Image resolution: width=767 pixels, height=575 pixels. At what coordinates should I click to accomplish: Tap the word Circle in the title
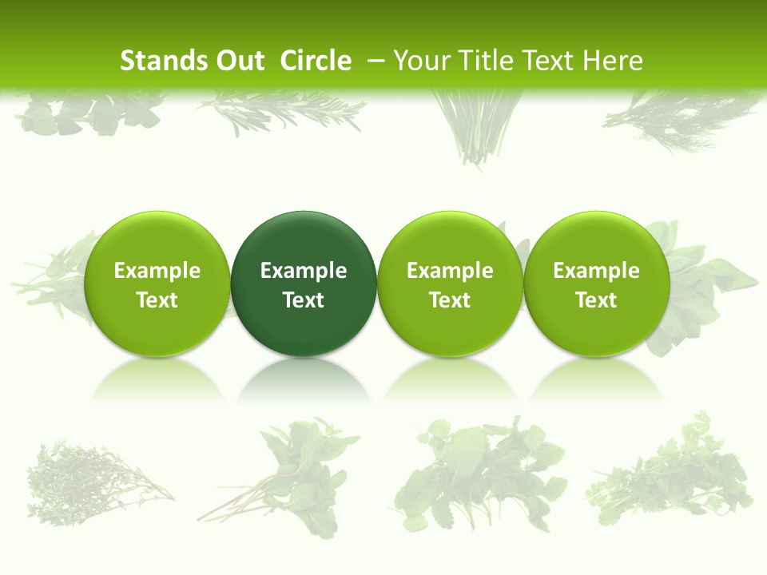pyautogui.click(x=316, y=61)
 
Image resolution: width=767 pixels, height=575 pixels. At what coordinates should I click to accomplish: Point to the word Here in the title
pyautogui.click(x=613, y=61)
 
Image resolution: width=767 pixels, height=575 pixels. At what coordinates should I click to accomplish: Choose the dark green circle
pyautogui.click(x=304, y=240)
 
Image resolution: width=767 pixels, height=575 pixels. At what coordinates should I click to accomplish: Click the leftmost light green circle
pyautogui.click(x=157, y=240)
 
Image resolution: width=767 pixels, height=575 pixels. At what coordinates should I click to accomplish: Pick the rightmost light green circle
pyautogui.click(x=596, y=240)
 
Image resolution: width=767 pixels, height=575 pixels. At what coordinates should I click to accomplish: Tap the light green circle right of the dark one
pyautogui.click(x=450, y=240)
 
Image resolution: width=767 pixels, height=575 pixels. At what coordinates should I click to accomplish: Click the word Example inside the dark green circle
pyautogui.click(x=304, y=271)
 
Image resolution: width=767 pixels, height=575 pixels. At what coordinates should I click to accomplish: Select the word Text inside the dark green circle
pyautogui.click(x=304, y=300)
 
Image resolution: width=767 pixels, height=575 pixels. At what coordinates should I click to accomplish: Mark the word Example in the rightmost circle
pyautogui.click(x=596, y=271)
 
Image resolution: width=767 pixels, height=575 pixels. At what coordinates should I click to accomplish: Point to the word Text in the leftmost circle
pyautogui.click(x=157, y=300)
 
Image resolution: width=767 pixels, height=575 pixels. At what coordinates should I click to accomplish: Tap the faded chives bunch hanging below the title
pyautogui.click(x=477, y=128)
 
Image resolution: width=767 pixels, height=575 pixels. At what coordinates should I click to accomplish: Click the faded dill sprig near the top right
pyautogui.click(x=679, y=120)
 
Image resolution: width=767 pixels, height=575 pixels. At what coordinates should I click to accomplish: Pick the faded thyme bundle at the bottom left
pyautogui.click(x=92, y=479)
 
